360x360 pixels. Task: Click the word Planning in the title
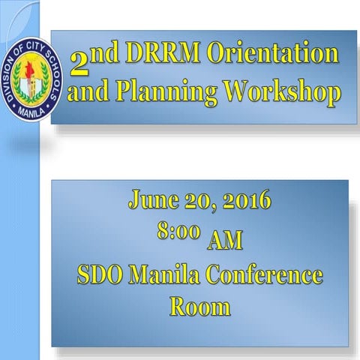pyautogui.click(x=158, y=93)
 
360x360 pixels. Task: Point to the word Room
pyautogui.click(x=199, y=306)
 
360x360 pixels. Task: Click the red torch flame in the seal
pyautogui.click(x=31, y=64)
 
